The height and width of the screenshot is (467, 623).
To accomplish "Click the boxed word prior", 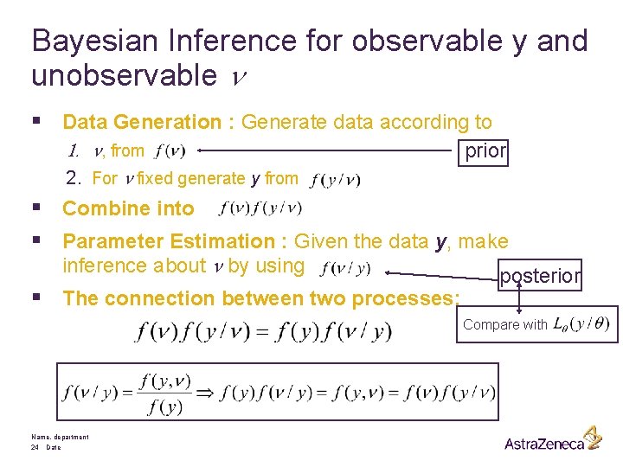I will point(485,151).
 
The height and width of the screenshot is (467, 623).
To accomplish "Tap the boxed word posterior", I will point(540,275).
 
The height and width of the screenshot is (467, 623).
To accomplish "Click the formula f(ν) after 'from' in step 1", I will point(168,151).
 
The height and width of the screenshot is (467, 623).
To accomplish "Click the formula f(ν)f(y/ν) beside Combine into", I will point(260,208).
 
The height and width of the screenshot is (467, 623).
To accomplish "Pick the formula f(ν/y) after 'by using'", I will point(345,268).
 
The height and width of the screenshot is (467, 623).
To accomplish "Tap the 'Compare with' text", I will point(504,325).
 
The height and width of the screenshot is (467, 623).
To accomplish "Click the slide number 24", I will point(35,448).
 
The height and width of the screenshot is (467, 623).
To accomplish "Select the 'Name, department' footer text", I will point(60,438).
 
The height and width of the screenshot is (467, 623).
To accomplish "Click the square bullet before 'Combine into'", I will point(35,208).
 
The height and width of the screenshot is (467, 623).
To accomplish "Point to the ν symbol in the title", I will point(240,78).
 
